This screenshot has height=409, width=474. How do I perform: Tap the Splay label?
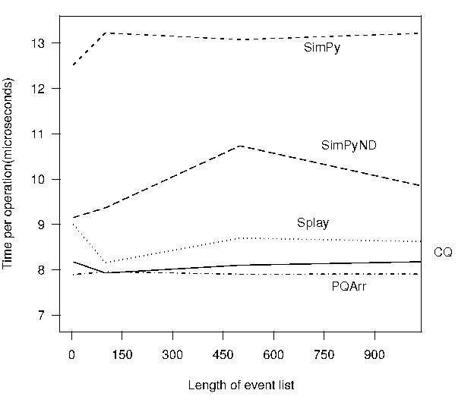click(312, 223)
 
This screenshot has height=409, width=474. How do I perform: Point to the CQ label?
click(443, 253)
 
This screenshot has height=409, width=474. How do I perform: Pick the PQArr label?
click(349, 287)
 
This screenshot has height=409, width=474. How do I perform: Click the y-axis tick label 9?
click(49, 225)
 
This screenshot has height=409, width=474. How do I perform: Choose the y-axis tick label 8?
click(49, 269)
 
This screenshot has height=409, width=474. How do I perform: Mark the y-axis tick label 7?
click(49, 315)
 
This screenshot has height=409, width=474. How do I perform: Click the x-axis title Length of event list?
click(241, 385)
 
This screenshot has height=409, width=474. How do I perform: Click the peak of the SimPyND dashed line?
click(239, 146)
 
